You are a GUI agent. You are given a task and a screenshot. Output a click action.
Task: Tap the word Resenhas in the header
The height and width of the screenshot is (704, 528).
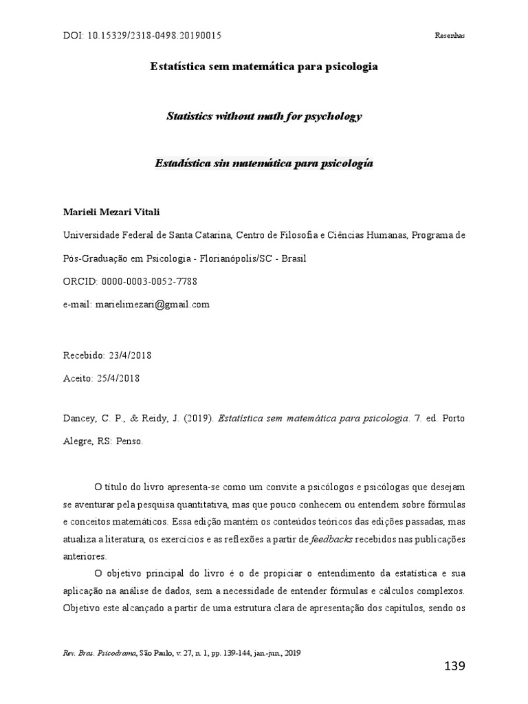[450, 36]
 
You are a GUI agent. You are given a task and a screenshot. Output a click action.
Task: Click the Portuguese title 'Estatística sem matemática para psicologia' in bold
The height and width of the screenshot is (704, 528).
[264, 67]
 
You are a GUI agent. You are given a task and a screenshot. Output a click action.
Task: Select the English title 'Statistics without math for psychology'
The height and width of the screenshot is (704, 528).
[264, 116]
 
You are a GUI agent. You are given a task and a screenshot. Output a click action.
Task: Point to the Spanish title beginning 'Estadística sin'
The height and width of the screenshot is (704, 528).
[264, 165]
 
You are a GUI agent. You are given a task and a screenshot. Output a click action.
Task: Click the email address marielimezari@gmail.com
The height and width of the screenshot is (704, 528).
[152, 304]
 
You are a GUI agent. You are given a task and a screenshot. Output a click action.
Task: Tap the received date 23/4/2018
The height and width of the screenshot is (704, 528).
[129, 355]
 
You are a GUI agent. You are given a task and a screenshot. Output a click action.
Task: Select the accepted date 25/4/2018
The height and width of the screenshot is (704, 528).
[120, 378]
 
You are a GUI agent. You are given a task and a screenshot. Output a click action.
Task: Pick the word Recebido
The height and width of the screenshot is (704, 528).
[83, 355]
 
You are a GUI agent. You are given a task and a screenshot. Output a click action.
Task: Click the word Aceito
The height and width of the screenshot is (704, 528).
[76, 378]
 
